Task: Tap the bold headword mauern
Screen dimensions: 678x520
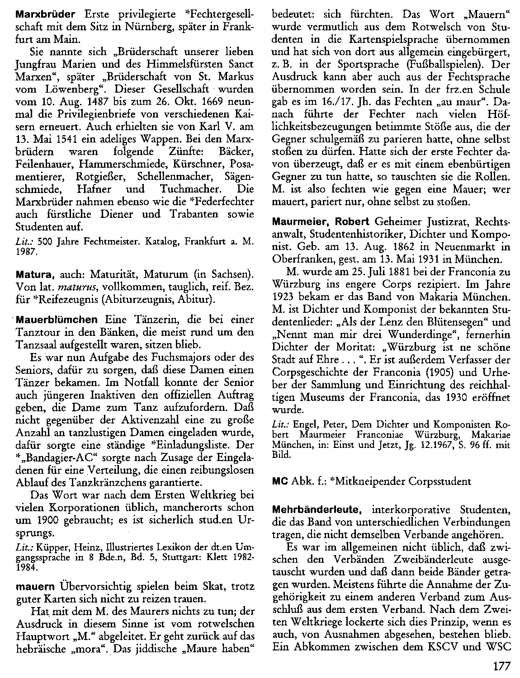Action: (x=34, y=588)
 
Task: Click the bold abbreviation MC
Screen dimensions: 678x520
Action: (x=279, y=481)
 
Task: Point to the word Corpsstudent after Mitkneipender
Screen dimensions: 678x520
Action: (x=437, y=481)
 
